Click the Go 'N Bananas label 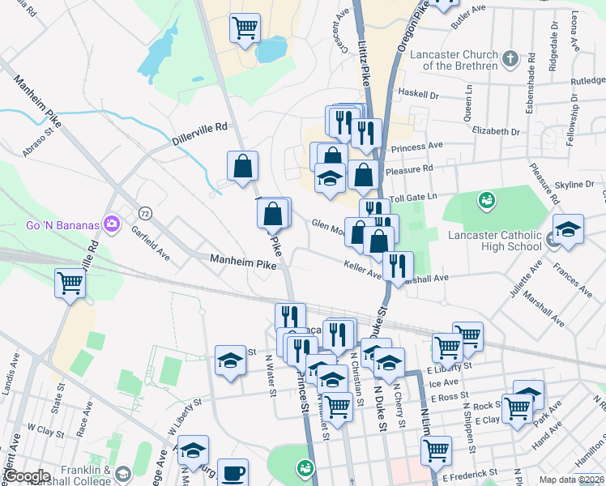[62, 224]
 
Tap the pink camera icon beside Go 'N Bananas [112, 224]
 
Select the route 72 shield [145, 213]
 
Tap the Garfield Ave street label [151, 241]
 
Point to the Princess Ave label [417, 147]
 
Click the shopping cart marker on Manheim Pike [70, 283]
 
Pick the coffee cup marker [233, 471]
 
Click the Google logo [28, 476]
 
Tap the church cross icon [510, 58]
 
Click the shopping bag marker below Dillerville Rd [243, 166]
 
